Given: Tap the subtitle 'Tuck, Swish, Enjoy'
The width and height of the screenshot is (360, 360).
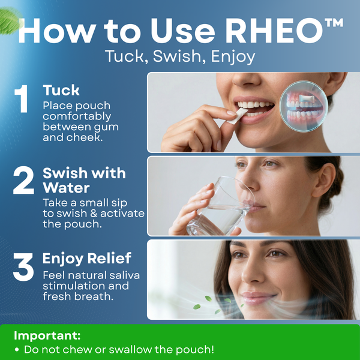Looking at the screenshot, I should tap(180, 57).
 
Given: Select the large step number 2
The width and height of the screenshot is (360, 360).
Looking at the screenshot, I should tap(23, 182).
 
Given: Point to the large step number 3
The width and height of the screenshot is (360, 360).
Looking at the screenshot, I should tap(23, 268).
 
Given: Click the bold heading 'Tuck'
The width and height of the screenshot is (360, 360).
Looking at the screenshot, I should tap(61, 91).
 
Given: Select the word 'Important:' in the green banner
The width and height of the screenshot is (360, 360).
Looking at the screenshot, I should tap(47, 335).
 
